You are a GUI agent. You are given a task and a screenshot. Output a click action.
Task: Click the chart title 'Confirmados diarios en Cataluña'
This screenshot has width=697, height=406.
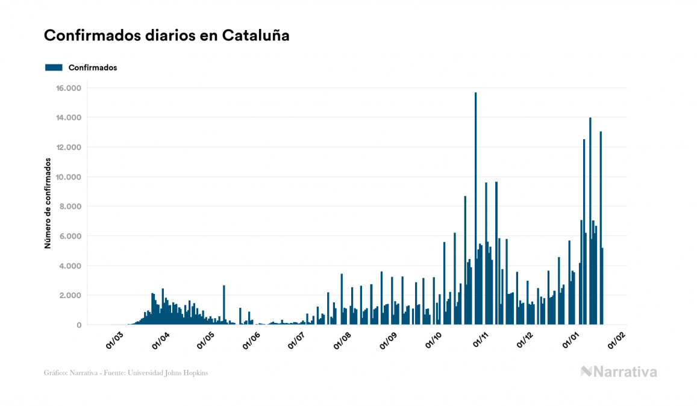tap(166, 36)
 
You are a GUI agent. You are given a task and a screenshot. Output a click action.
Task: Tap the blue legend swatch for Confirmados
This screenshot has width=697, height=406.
tap(54, 67)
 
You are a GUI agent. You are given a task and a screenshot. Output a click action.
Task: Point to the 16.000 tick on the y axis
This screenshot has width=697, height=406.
tap(69, 88)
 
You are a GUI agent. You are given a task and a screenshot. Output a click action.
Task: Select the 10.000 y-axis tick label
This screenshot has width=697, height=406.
tap(69, 177)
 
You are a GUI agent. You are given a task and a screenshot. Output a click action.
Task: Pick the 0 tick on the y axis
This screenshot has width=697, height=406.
tap(78, 325)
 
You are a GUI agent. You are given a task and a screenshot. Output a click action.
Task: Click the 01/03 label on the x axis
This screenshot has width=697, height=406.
tap(114, 340)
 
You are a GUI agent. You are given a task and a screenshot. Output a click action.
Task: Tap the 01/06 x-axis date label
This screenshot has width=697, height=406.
tap(251, 340)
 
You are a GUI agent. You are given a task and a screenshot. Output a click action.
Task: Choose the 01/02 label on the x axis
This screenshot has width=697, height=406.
tap(619, 340)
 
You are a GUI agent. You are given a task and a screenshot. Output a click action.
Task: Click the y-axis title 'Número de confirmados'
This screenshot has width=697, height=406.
tap(48, 204)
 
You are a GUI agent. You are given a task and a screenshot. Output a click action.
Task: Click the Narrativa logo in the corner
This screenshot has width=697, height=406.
tap(619, 372)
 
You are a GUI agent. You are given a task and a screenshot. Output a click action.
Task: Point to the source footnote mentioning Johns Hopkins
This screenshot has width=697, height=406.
tap(126, 373)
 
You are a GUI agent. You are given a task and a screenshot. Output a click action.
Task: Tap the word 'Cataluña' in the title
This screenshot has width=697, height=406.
tap(255, 36)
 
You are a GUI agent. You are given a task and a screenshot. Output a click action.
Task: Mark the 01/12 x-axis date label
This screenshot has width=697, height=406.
tap(527, 340)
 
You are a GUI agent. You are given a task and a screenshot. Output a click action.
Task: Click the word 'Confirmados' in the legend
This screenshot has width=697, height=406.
tap(93, 67)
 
